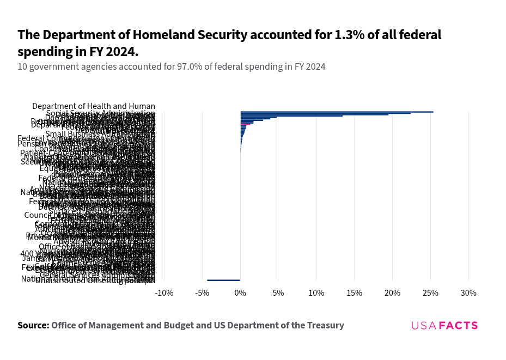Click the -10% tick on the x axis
[x=164, y=293]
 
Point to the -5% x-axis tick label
[x=202, y=293]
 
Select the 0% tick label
[x=240, y=293]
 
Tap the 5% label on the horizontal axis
[x=278, y=293]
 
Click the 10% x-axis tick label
[x=316, y=293]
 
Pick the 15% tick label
[x=355, y=293]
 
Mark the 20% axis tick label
[x=393, y=293]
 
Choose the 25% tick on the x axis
[x=431, y=293]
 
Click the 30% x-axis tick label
[x=469, y=293]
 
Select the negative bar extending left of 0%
[x=223, y=280]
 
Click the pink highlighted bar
[x=246, y=124]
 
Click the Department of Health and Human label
[x=94, y=106]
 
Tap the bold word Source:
[x=33, y=326]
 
